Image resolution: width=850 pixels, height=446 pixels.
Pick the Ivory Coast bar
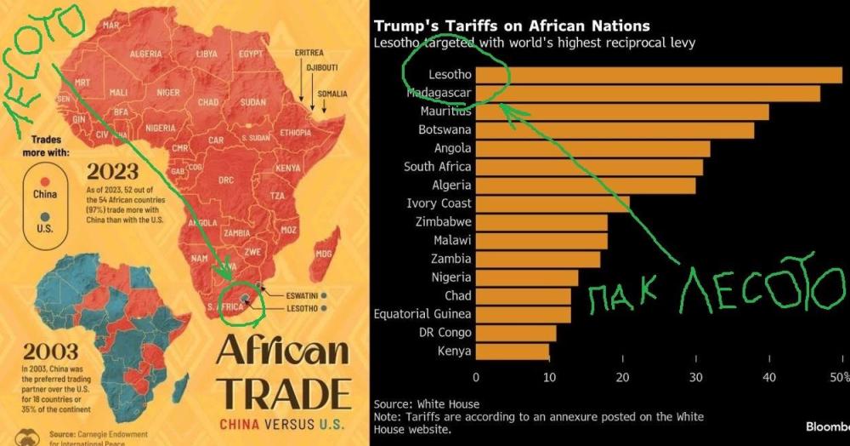[x=552, y=203]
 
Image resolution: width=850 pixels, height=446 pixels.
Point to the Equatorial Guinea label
[x=422, y=314]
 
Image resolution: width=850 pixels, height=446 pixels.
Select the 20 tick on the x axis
[x=622, y=377]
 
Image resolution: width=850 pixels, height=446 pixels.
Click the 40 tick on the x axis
[x=769, y=377]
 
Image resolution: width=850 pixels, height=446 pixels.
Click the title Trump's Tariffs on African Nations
[x=512, y=26]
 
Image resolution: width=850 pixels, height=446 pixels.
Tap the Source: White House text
[x=427, y=404]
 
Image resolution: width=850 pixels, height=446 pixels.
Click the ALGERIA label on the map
[x=145, y=54]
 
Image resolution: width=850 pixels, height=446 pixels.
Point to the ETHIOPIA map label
[x=295, y=133]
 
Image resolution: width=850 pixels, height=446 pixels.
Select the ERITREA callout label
[x=309, y=53]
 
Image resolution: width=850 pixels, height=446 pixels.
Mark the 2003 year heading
[x=51, y=351]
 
